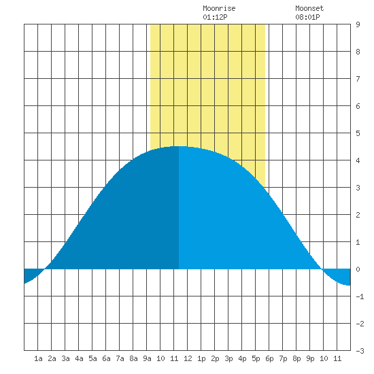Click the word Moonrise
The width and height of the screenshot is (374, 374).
coord(219,8)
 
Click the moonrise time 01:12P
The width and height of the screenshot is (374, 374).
coord(215,17)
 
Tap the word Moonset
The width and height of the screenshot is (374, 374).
coord(309,8)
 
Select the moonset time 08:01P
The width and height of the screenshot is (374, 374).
coord(307,17)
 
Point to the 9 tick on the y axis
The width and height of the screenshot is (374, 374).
coord(358,24)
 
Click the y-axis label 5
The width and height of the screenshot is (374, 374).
coord(358,133)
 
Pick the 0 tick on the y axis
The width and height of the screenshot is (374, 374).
coord(358,269)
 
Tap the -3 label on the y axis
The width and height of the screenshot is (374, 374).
coord(360,351)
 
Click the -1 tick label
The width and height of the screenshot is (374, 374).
coord(360,296)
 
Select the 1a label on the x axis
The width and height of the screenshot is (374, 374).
coord(38,358)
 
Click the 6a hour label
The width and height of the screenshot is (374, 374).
coord(106,358)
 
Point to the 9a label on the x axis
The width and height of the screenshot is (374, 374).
coord(147,358)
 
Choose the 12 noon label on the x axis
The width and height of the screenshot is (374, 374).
coord(188,358)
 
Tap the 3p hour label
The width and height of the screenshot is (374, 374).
coord(228,358)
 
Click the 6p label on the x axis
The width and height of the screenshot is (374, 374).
coord(269,358)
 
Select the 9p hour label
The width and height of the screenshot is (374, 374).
coord(310,358)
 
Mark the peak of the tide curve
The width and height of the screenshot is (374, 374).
coord(179,146)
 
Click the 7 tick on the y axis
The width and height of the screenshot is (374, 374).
coord(358,79)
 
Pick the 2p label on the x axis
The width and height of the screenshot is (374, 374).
coord(215,358)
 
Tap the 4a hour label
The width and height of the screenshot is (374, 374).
coord(79,358)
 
